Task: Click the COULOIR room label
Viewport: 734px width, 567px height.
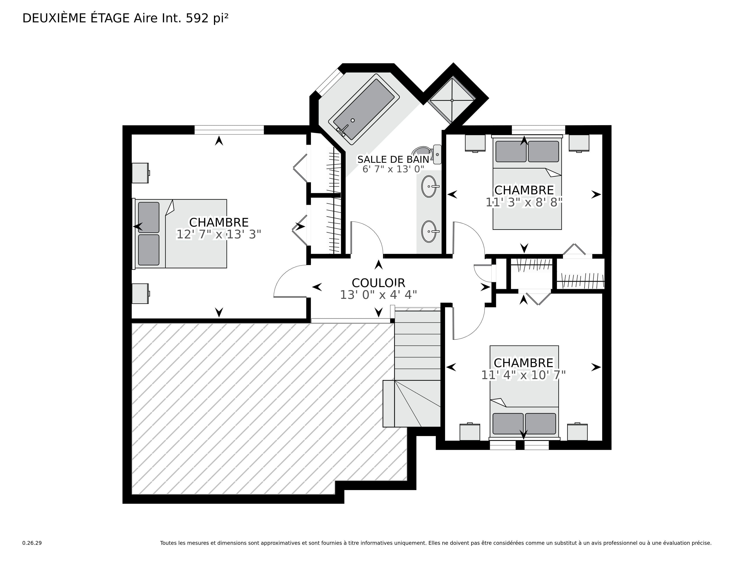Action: click(378, 283)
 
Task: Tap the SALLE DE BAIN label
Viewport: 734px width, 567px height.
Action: click(393, 160)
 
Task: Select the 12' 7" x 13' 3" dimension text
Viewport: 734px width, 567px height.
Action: click(219, 234)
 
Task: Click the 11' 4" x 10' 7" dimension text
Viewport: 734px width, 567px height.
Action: click(524, 375)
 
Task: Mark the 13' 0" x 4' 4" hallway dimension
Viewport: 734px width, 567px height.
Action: click(378, 295)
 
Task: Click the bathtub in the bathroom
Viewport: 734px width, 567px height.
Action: click(364, 109)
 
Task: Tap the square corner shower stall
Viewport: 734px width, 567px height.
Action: click(452, 100)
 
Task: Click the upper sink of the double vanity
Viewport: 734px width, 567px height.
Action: click(430, 186)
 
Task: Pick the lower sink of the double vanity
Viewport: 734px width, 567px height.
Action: click(430, 231)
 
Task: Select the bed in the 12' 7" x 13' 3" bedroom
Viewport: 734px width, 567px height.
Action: click(179, 234)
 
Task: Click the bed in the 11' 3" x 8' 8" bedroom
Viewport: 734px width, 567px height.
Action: click(527, 182)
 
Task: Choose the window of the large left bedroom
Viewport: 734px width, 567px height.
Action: click(229, 130)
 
